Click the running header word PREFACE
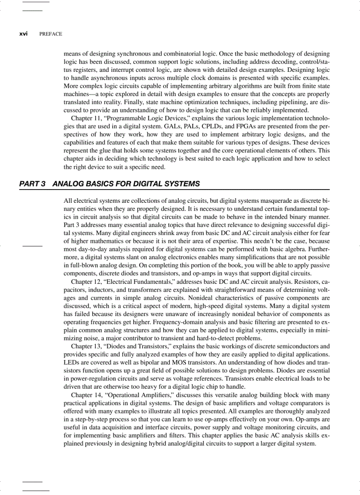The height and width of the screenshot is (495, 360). pyautogui.click(x=51, y=34)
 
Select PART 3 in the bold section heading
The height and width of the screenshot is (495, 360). pyautogui.click(x=32, y=184)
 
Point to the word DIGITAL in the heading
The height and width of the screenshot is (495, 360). pyautogui.click(x=150, y=184)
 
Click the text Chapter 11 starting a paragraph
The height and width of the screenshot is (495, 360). pyautogui.click(x=86, y=119)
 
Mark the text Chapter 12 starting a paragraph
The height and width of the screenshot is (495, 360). pyautogui.click(x=86, y=281)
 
